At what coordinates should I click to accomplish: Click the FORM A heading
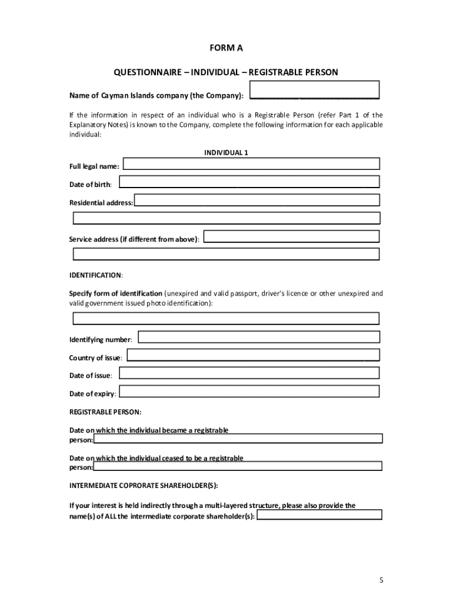coord(226,48)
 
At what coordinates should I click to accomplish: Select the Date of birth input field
coord(249,182)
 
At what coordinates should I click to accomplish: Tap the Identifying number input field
coord(259,337)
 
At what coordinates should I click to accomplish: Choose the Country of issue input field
coord(253,356)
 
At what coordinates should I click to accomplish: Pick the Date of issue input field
coord(249,373)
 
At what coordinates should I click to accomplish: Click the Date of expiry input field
coord(250,392)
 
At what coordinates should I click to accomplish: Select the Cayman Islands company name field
coord(315,90)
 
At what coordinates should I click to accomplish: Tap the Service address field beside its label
coord(291,236)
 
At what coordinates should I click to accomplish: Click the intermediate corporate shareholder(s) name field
coord(320,516)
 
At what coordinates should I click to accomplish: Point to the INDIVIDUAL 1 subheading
coord(226,153)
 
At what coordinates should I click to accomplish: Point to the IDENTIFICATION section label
coord(95,275)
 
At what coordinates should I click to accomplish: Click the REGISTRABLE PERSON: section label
coord(105,412)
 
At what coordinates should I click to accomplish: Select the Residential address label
coord(101,203)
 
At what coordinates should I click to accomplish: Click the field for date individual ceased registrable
coord(238,467)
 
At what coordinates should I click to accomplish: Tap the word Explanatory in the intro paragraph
coord(89,125)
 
